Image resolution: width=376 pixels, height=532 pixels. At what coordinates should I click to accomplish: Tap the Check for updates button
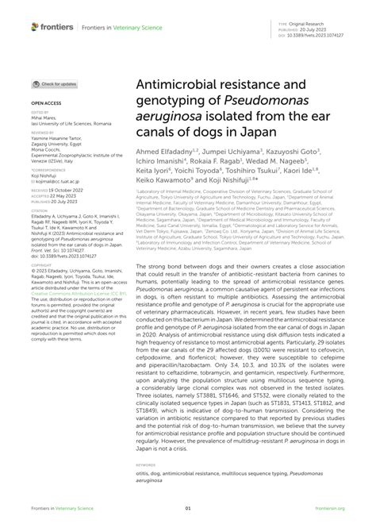coord(55,83)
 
